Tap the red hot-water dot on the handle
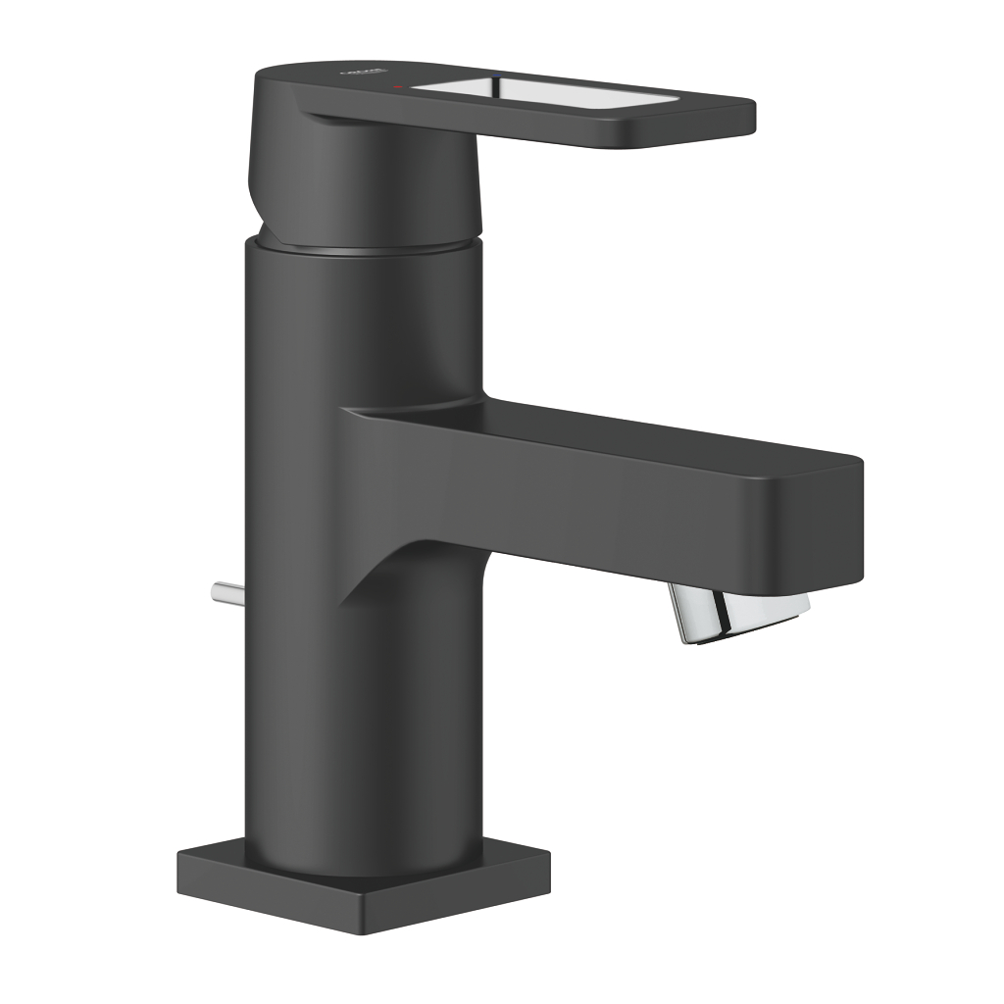398,87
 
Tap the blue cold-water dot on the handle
502,74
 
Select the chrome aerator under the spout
741,612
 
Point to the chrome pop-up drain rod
224,592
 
